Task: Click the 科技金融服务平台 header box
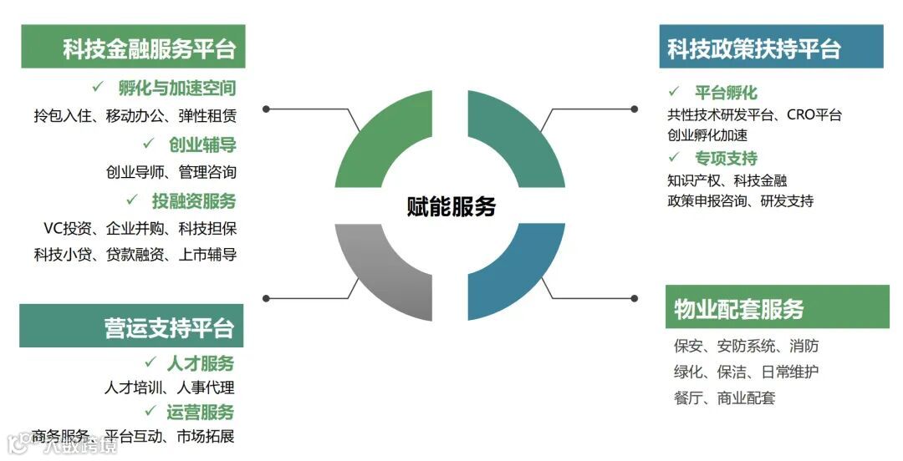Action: (133, 47)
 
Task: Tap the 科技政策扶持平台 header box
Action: (771, 47)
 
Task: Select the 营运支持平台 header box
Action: (131, 326)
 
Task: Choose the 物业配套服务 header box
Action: (777, 307)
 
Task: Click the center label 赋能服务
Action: (451, 206)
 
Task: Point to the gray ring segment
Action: (380, 271)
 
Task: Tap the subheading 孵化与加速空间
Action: (176, 88)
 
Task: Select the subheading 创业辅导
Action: (202, 145)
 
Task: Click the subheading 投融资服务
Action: (194, 200)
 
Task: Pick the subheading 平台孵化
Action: (726, 93)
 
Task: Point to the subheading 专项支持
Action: (726, 158)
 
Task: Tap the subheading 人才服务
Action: (201, 363)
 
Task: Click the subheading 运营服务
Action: (201, 412)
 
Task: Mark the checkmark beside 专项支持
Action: (674, 156)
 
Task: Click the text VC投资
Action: (69, 228)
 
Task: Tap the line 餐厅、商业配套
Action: (724, 398)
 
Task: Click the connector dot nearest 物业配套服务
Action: (634, 297)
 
